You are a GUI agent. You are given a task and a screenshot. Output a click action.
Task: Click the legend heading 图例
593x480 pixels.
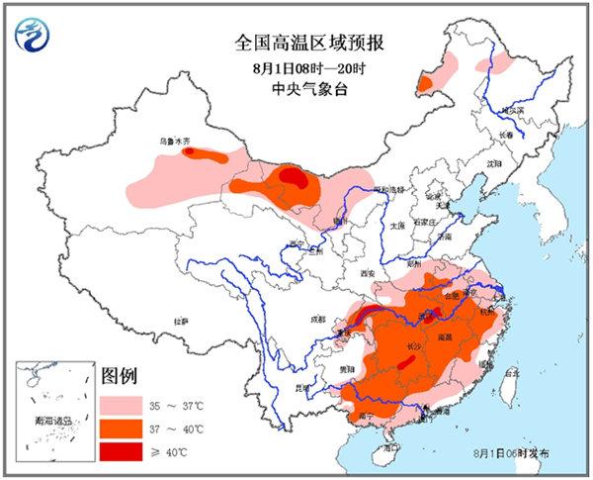click(x=119, y=377)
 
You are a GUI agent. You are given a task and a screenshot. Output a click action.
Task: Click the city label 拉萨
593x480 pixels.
click(x=180, y=322)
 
